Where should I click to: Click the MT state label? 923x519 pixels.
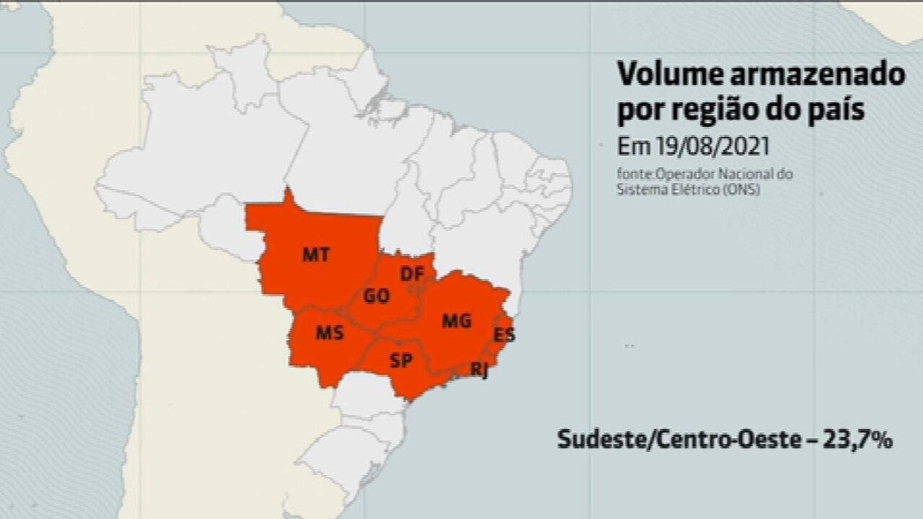click(x=316, y=255)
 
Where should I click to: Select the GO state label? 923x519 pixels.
click(x=376, y=296)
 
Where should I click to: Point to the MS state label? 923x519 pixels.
click(x=330, y=334)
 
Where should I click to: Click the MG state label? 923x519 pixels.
click(x=456, y=321)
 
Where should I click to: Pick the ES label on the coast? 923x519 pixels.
click(x=505, y=335)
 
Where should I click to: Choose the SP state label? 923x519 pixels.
click(x=401, y=360)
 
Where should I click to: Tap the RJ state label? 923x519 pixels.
click(x=479, y=371)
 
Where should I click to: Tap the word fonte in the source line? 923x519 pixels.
click(x=632, y=175)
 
